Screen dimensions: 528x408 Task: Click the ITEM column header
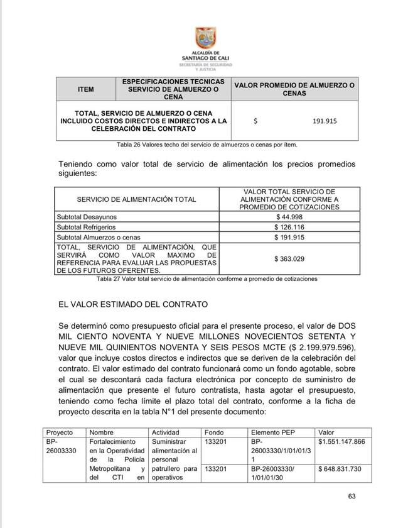point(85,89)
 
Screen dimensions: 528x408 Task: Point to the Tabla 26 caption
point(207,145)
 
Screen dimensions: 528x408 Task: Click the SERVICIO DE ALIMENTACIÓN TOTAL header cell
point(136,199)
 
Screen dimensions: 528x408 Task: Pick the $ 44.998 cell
point(289,217)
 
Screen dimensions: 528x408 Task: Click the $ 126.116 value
point(289,227)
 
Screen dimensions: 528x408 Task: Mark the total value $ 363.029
point(289,258)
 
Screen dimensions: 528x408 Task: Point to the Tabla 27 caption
point(207,278)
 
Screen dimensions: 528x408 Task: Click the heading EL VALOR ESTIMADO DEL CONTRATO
point(132,304)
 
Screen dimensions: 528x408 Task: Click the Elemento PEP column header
point(274,433)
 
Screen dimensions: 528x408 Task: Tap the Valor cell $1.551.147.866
point(341,443)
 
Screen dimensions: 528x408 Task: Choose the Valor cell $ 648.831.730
point(343,469)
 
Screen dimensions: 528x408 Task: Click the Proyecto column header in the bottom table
point(60,433)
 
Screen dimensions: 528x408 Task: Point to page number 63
point(352,497)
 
